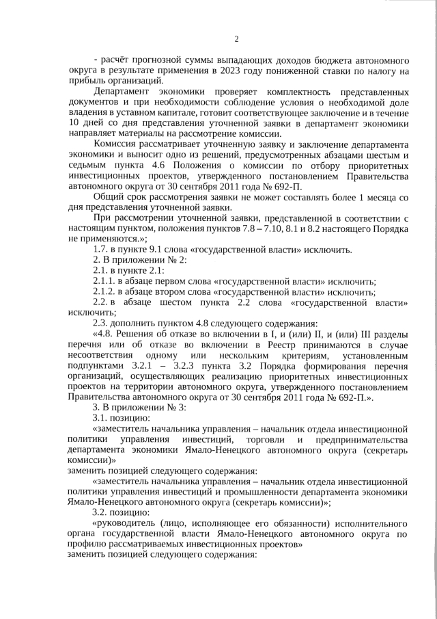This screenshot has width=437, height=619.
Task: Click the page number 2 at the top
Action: tap(236, 38)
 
